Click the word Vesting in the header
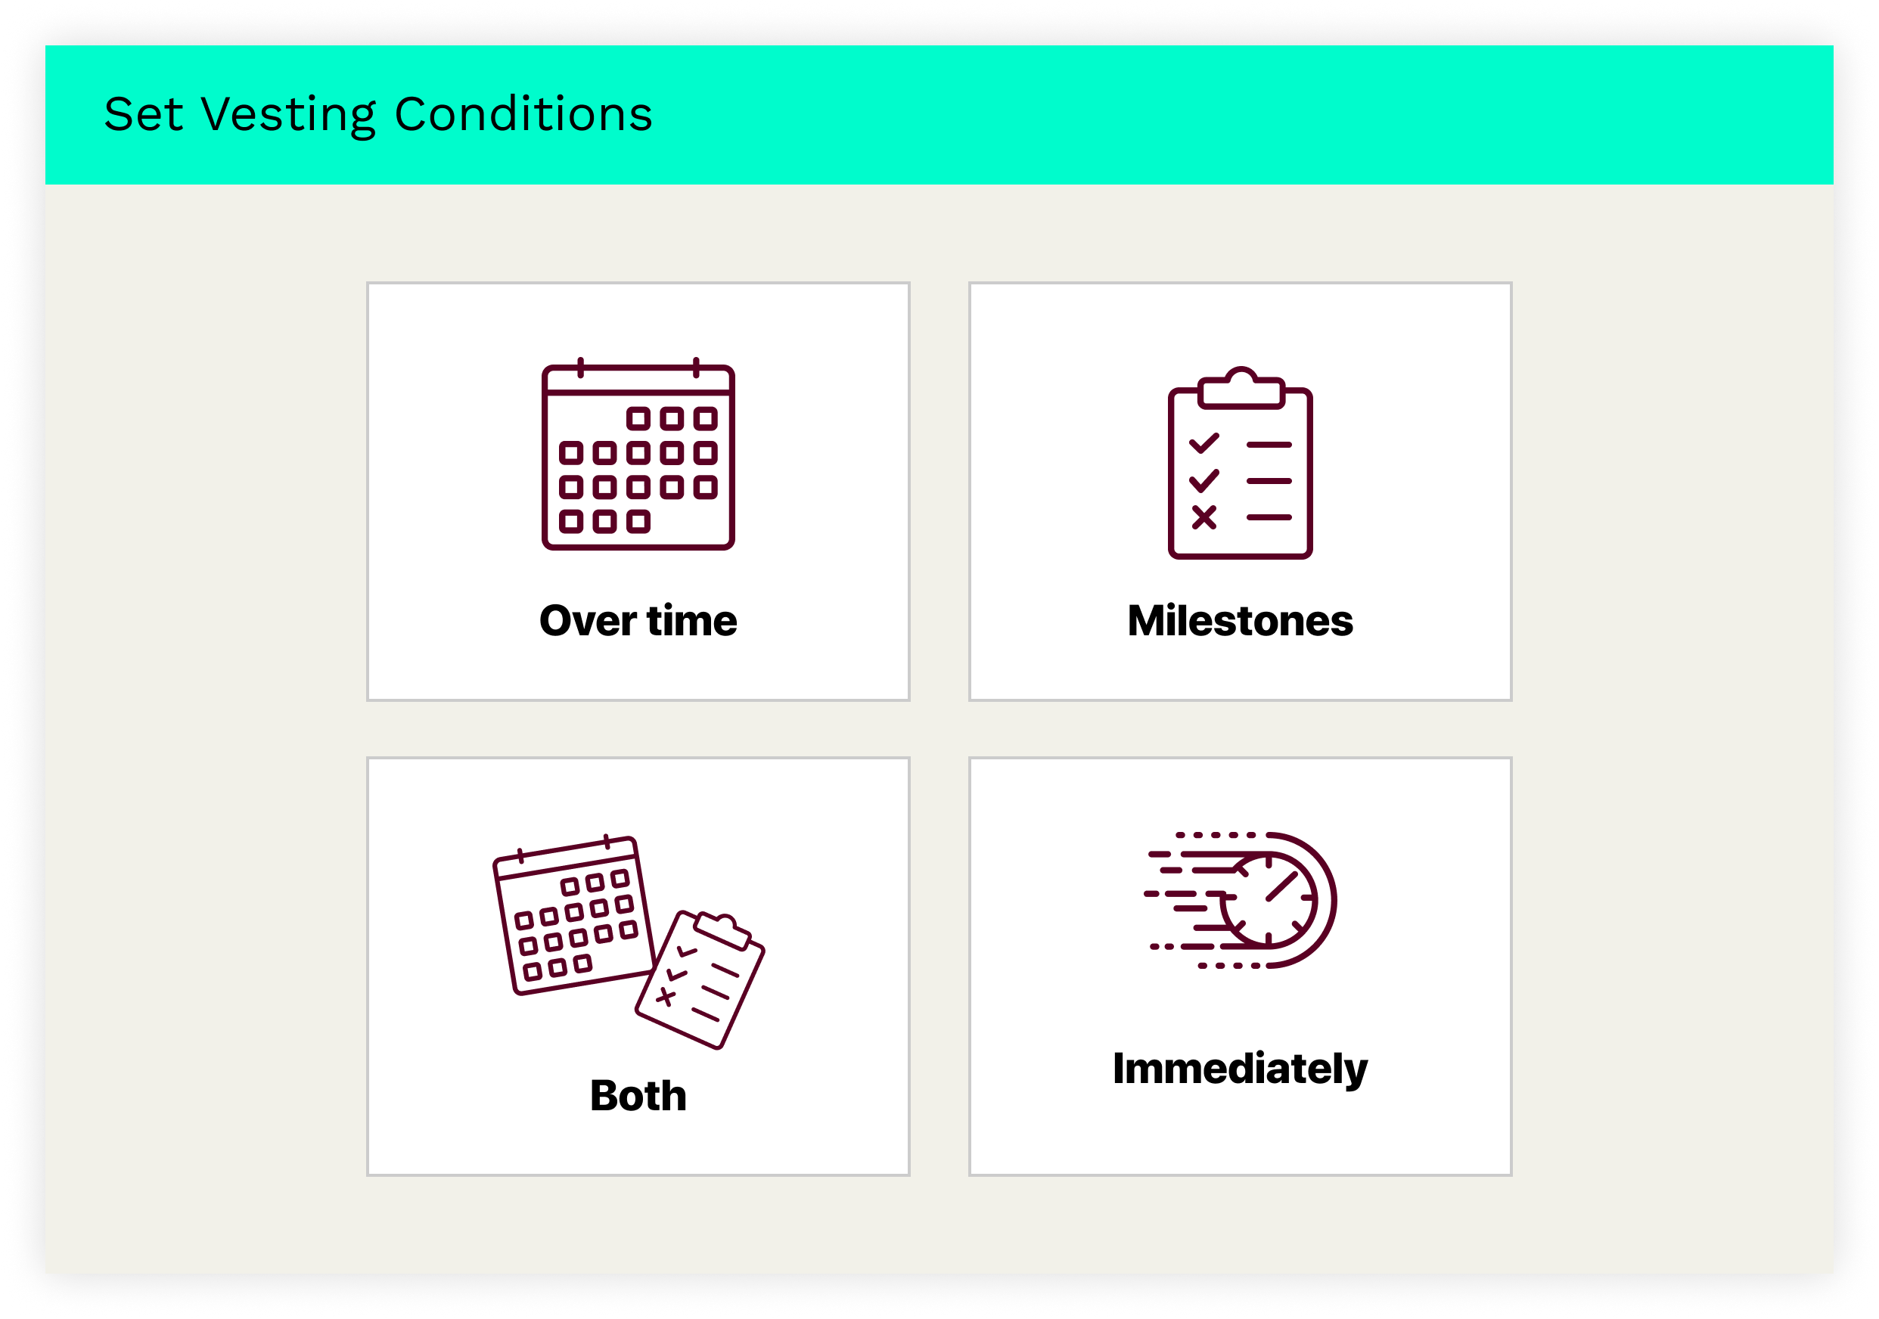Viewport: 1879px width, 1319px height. (288, 114)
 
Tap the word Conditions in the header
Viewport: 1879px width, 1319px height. (523, 113)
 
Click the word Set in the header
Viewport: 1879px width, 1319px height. (143, 114)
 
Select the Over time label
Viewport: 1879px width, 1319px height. (638, 621)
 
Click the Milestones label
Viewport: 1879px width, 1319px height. (1240, 621)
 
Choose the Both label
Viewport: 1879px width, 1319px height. (638, 1096)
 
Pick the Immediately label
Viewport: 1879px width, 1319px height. (1240, 1069)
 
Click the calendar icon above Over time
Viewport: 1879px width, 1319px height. (638, 454)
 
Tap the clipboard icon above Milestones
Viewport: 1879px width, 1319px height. (1240, 463)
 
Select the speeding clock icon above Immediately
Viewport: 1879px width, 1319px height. (1240, 901)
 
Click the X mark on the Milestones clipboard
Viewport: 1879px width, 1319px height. (1203, 517)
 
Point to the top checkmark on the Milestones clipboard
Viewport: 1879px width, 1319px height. (1203, 443)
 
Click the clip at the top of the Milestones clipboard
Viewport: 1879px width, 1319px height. (1241, 388)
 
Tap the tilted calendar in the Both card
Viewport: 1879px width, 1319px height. (573, 916)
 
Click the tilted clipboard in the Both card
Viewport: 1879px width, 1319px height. (700, 980)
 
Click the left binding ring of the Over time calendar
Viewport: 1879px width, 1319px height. (580, 368)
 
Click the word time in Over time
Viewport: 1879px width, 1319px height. (692, 621)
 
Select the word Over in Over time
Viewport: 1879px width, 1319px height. (588, 621)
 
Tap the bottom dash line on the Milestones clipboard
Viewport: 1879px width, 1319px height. (1269, 518)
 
